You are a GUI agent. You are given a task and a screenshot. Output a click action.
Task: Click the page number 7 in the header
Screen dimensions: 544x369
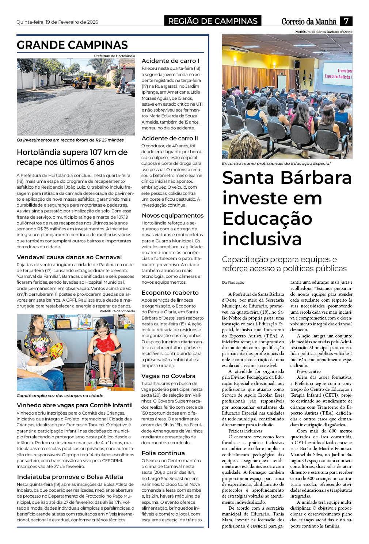click(346, 21)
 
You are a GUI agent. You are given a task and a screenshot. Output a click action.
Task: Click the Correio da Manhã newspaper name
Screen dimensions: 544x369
click(309, 22)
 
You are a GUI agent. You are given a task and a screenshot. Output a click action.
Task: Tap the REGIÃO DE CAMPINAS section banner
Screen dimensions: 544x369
click(213, 21)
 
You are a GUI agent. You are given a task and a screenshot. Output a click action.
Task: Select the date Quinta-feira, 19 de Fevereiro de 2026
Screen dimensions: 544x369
click(57, 22)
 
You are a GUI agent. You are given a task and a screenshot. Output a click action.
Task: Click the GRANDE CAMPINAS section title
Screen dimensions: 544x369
click(72, 45)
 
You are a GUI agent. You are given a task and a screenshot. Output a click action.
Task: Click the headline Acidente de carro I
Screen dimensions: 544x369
click(170, 61)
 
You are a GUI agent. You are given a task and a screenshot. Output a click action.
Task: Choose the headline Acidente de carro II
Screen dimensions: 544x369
click(170, 138)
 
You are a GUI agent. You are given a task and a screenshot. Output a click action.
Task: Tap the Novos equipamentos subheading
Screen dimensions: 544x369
click(172, 215)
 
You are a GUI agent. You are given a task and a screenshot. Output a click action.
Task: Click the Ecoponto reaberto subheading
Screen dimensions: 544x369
click(170, 292)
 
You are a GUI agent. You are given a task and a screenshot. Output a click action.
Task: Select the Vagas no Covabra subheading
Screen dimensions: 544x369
click(168, 376)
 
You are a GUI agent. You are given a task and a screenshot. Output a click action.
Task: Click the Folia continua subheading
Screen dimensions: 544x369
click(163, 453)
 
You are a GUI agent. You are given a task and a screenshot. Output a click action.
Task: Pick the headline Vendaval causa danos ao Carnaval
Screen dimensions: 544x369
click(69, 257)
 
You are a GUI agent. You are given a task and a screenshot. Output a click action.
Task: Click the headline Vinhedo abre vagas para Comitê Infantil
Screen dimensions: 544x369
click(75, 405)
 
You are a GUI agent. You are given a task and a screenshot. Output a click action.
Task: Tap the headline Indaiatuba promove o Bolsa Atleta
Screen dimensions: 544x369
click(70, 477)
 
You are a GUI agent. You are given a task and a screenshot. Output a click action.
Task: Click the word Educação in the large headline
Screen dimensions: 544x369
click(267, 219)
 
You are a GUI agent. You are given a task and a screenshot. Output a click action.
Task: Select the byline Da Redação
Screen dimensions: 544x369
click(233, 282)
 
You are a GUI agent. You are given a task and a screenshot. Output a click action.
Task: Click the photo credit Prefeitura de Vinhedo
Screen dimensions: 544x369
click(117, 311)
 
